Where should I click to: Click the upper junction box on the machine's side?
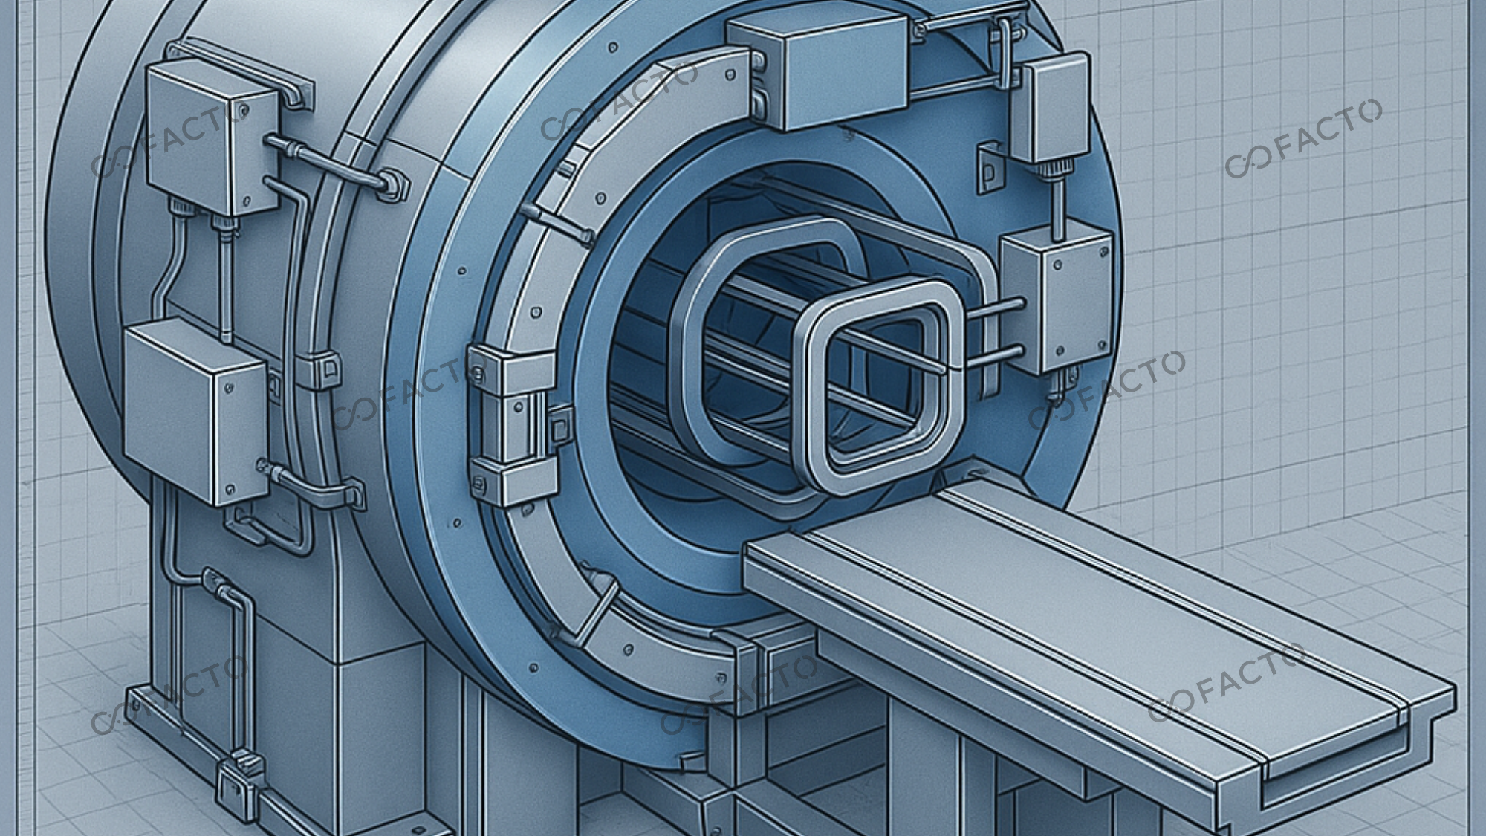point(212,137)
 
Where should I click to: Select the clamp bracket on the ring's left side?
point(513,424)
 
